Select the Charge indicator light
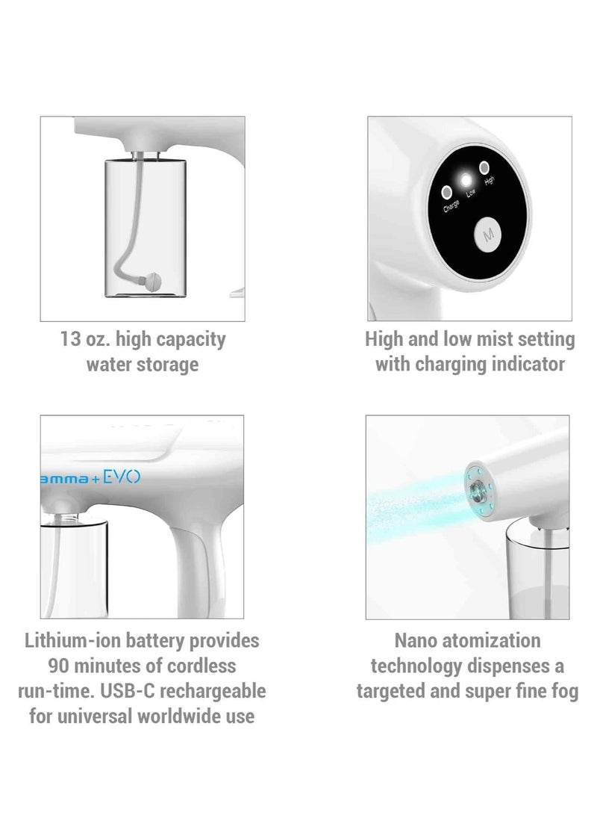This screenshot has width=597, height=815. [x=446, y=192]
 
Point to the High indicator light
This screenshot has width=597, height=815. [x=484, y=167]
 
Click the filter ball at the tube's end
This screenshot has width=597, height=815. [x=152, y=282]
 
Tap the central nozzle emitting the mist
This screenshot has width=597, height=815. [x=475, y=489]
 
